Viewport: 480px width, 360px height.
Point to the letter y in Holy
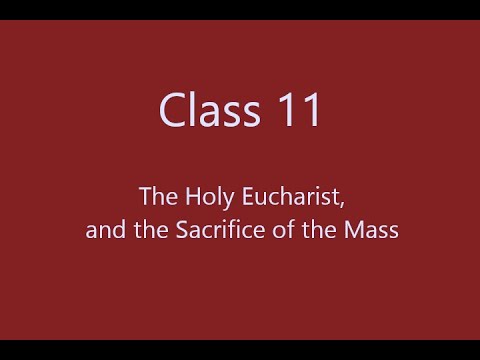[x=232, y=200]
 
